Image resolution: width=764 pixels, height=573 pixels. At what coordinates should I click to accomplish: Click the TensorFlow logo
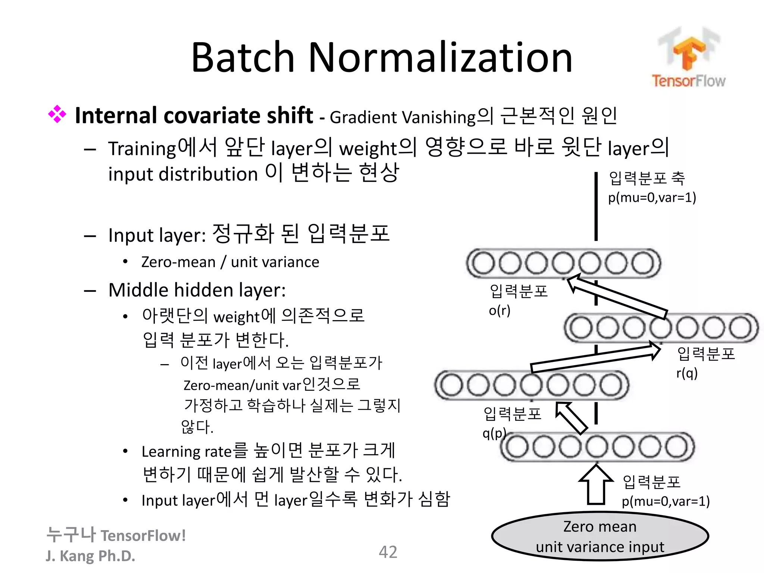click(x=688, y=58)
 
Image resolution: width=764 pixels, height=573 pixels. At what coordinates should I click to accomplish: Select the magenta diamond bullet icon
click(x=57, y=114)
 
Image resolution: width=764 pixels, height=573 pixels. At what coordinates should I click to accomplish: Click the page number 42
click(x=388, y=552)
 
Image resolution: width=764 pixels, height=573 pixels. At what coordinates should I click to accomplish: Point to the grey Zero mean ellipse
click(x=600, y=536)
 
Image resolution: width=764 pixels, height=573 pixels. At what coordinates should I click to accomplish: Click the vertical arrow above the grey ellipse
click(x=596, y=485)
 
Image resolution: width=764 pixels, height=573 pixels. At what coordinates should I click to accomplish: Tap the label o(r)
click(x=500, y=310)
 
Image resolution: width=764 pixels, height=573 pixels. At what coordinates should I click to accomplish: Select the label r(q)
click(x=687, y=373)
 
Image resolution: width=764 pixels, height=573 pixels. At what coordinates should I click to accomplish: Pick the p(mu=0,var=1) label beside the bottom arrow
click(x=666, y=501)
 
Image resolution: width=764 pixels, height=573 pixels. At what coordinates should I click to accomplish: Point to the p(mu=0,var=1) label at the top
click(x=652, y=197)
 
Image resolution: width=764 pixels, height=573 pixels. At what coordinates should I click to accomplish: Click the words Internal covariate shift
click(x=194, y=115)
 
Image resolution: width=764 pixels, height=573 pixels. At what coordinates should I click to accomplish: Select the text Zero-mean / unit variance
click(x=230, y=262)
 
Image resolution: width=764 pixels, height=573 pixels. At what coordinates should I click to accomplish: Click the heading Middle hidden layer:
click(x=197, y=290)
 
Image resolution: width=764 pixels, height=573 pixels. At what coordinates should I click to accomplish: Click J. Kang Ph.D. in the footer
click(x=90, y=556)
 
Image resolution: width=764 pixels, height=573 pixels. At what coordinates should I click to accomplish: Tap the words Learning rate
click(x=187, y=452)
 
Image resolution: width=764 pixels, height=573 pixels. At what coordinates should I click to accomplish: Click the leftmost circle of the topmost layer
click(x=483, y=263)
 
